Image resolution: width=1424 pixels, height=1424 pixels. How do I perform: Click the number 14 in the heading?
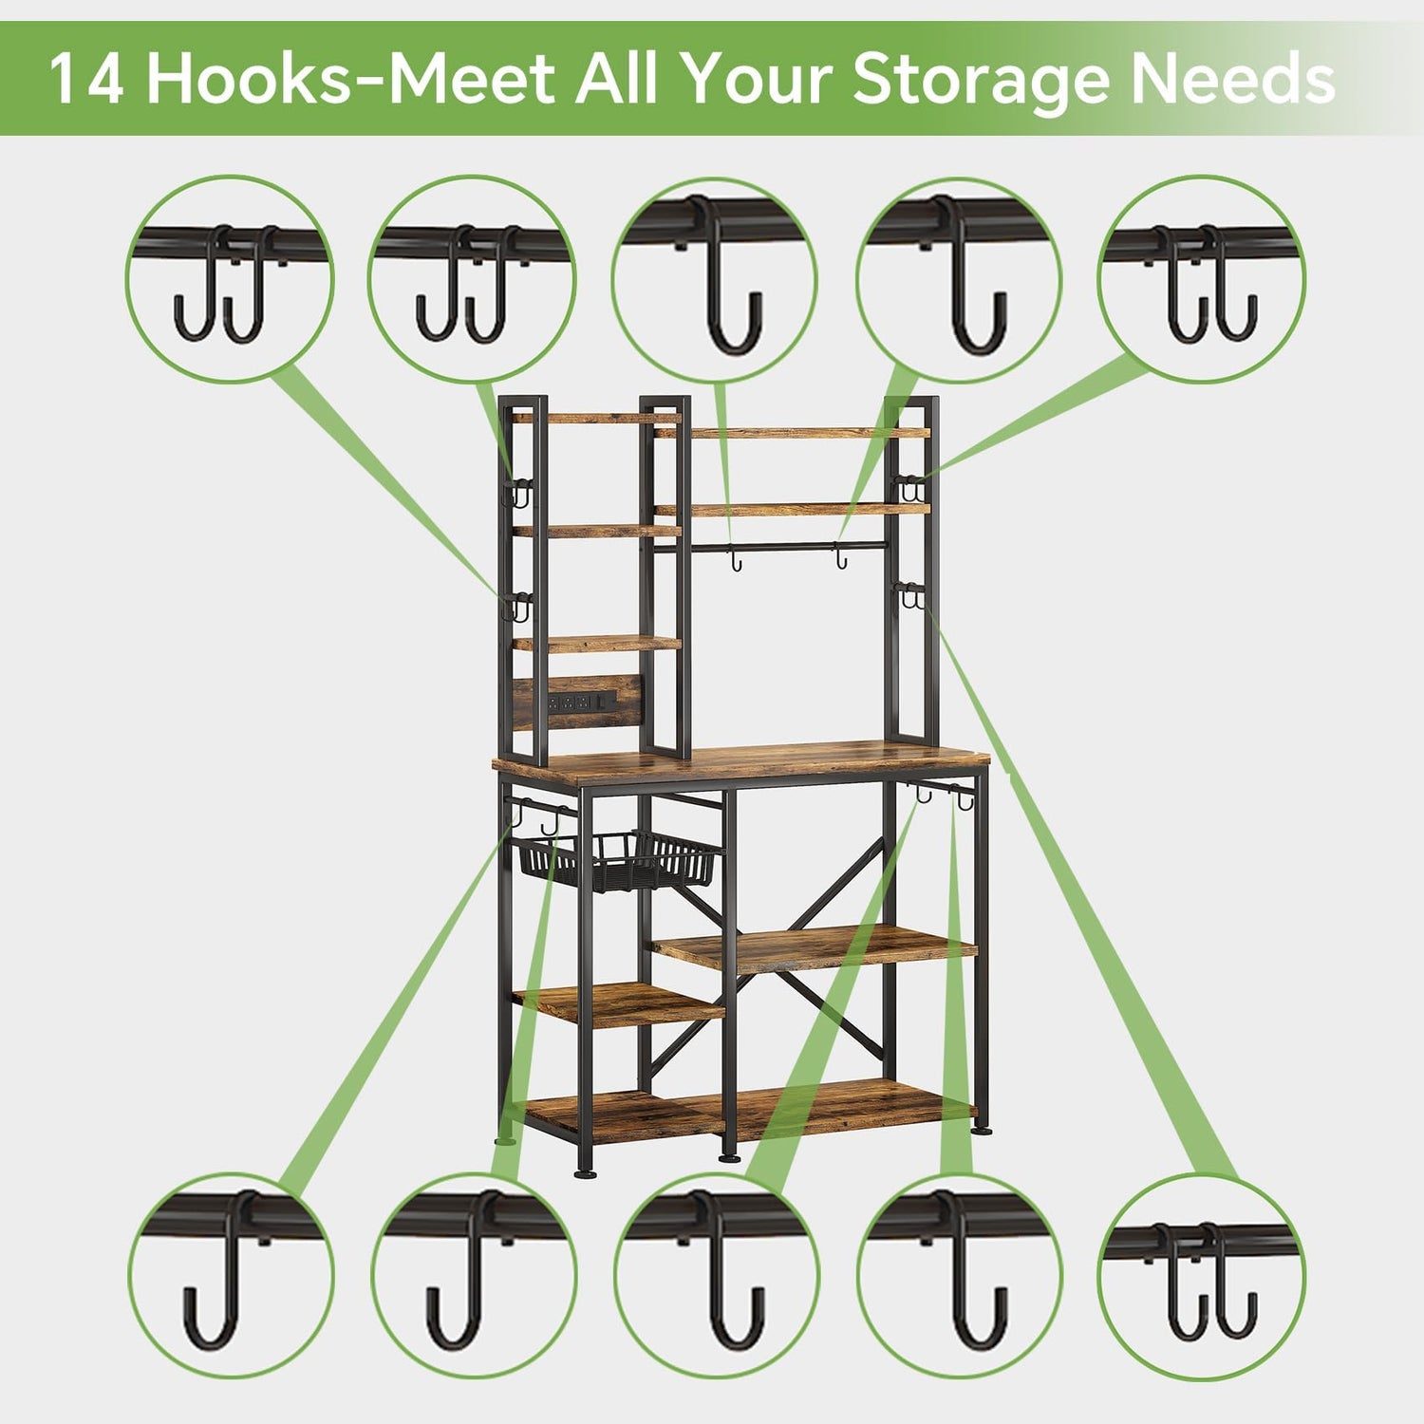tap(86, 79)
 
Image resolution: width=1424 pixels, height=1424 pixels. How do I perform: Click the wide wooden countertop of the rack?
tap(740, 764)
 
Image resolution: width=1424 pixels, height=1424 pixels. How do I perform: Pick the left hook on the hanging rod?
tap(734, 559)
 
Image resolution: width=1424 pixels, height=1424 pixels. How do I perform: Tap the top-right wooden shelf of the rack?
tap(793, 433)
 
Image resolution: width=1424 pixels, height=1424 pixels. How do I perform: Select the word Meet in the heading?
tap(470, 79)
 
